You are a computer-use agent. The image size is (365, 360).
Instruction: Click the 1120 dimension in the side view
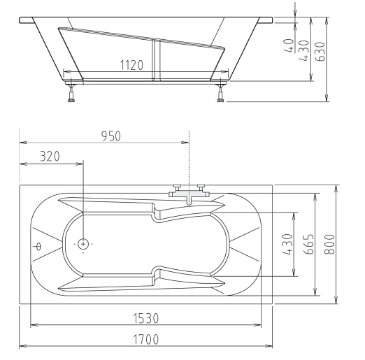coord(131,65)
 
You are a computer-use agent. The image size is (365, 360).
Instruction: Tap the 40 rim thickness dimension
coord(289,45)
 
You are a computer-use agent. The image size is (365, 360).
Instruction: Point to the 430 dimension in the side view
coord(304,51)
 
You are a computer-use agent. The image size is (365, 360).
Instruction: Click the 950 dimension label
coord(111,136)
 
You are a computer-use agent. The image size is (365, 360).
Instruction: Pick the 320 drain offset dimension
coord(50,157)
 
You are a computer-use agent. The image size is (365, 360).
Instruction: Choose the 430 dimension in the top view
coord(287,244)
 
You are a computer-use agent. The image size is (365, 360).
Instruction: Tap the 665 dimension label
coord(309,244)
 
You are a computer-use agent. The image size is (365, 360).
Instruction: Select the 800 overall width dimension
coord(329,244)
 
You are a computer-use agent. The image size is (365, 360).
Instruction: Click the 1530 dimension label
coord(146,318)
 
